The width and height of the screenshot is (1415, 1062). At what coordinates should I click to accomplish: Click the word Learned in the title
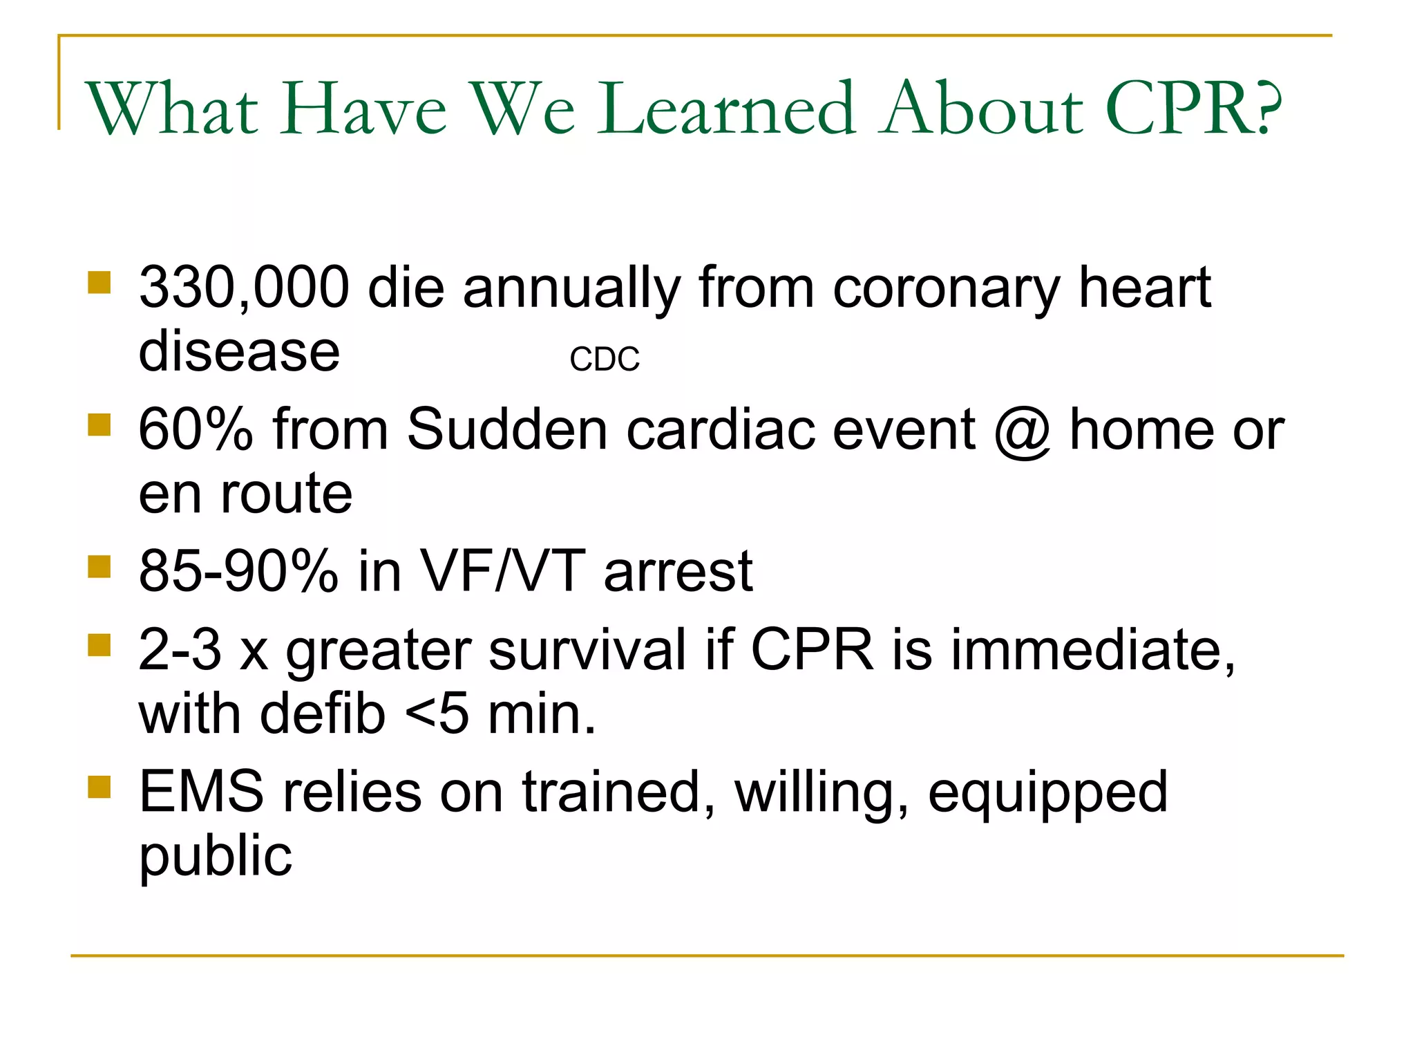point(725,109)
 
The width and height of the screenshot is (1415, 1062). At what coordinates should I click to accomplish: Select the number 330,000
point(244,288)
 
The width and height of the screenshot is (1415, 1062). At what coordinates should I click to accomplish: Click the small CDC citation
point(605,360)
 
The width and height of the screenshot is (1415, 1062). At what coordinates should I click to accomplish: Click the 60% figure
point(196,429)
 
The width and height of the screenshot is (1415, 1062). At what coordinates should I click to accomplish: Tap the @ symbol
point(1023,431)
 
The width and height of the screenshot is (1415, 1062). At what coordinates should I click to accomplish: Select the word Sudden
point(506,429)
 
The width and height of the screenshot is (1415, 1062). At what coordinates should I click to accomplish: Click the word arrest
point(678,572)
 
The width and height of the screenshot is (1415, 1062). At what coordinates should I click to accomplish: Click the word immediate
point(1092,650)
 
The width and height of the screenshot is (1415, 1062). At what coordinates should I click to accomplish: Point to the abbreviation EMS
point(201,792)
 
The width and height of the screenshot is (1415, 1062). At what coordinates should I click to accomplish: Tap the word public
point(216,857)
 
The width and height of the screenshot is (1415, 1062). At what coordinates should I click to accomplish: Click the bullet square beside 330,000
point(99,283)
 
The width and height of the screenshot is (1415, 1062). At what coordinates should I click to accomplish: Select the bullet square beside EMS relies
point(99,787)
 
